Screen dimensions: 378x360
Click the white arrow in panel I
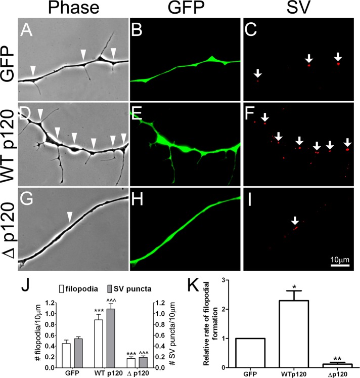pyautogui.click(x=296, y=221)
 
